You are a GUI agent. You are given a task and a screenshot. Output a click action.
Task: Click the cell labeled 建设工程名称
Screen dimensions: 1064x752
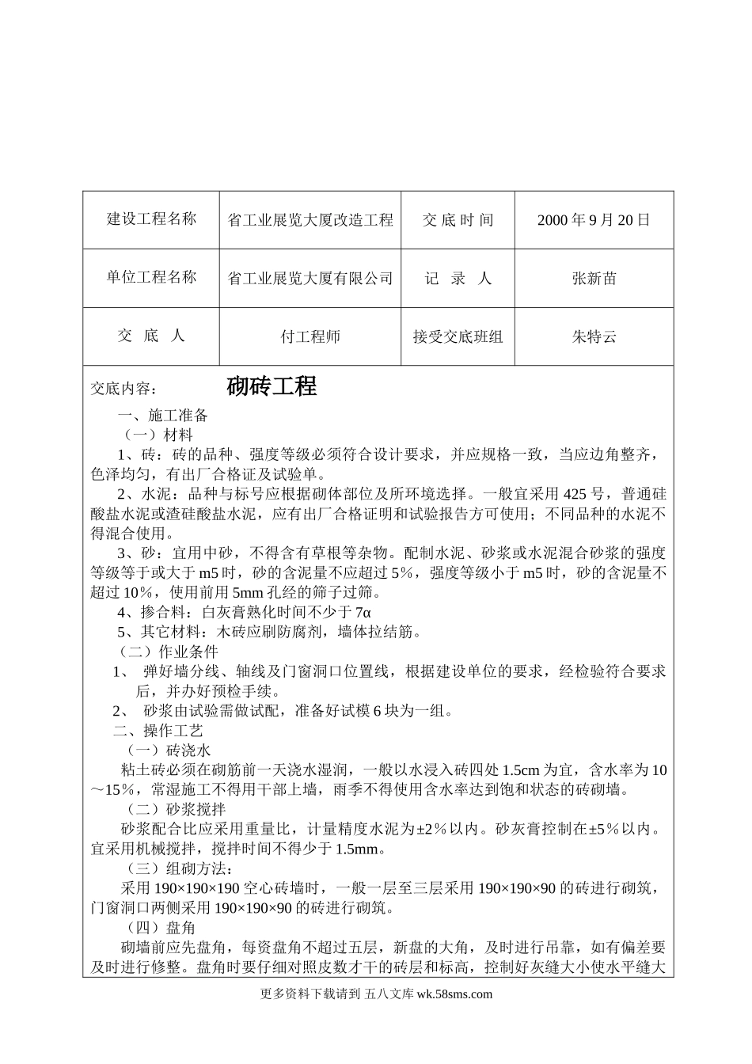(151, 219)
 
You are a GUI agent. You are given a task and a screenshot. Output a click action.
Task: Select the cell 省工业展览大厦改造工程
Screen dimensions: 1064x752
(310, 220)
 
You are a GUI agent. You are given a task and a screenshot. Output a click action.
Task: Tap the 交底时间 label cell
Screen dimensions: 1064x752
(458, 220)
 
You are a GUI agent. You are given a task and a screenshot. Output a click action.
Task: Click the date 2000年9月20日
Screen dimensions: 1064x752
(594, 220)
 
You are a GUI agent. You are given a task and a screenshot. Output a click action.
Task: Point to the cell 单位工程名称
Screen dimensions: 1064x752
(151, 278)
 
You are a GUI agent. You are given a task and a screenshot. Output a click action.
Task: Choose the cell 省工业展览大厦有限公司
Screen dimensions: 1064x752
(310, 279)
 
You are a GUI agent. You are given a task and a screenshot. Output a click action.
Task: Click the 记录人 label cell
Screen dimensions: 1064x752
(458, 279)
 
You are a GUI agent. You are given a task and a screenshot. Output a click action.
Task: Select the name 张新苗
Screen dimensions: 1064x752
(594, 279)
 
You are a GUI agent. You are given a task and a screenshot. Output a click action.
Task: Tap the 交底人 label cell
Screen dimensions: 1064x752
(151, 336)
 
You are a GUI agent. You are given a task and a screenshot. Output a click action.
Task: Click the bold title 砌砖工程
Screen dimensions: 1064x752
(272, 386)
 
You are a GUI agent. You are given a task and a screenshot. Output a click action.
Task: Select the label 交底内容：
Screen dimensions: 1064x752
(124, 389)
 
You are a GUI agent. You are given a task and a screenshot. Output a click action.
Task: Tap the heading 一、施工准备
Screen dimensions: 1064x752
(162, 416)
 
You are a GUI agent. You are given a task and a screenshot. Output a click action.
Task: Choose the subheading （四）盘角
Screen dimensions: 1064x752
(161, 927)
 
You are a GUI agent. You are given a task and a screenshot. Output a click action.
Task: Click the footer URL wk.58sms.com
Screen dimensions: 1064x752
(454, 995)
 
